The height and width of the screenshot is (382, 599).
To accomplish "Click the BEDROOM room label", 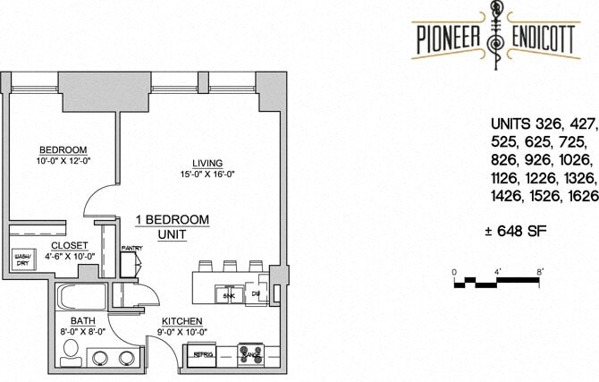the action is pyautogui.click(x=62, y=149).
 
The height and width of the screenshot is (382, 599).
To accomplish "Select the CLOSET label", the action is pyautogui.click(x=68, y=244).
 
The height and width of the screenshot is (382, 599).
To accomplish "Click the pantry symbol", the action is pyautogui.click(x=131, y=262).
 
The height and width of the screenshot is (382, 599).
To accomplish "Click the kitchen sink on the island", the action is pyautogui.click(x=229, y=293).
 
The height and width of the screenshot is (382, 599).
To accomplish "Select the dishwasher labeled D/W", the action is pyautogui.click(x=255, y=293).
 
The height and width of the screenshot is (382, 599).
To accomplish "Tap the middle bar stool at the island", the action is pyautogui.click(x=229, y=266).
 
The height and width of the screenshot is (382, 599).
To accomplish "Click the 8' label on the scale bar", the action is pyautogui.click(x=540, y=270).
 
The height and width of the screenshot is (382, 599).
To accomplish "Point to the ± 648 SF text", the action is pyautogui.click(x=515, y=233).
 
